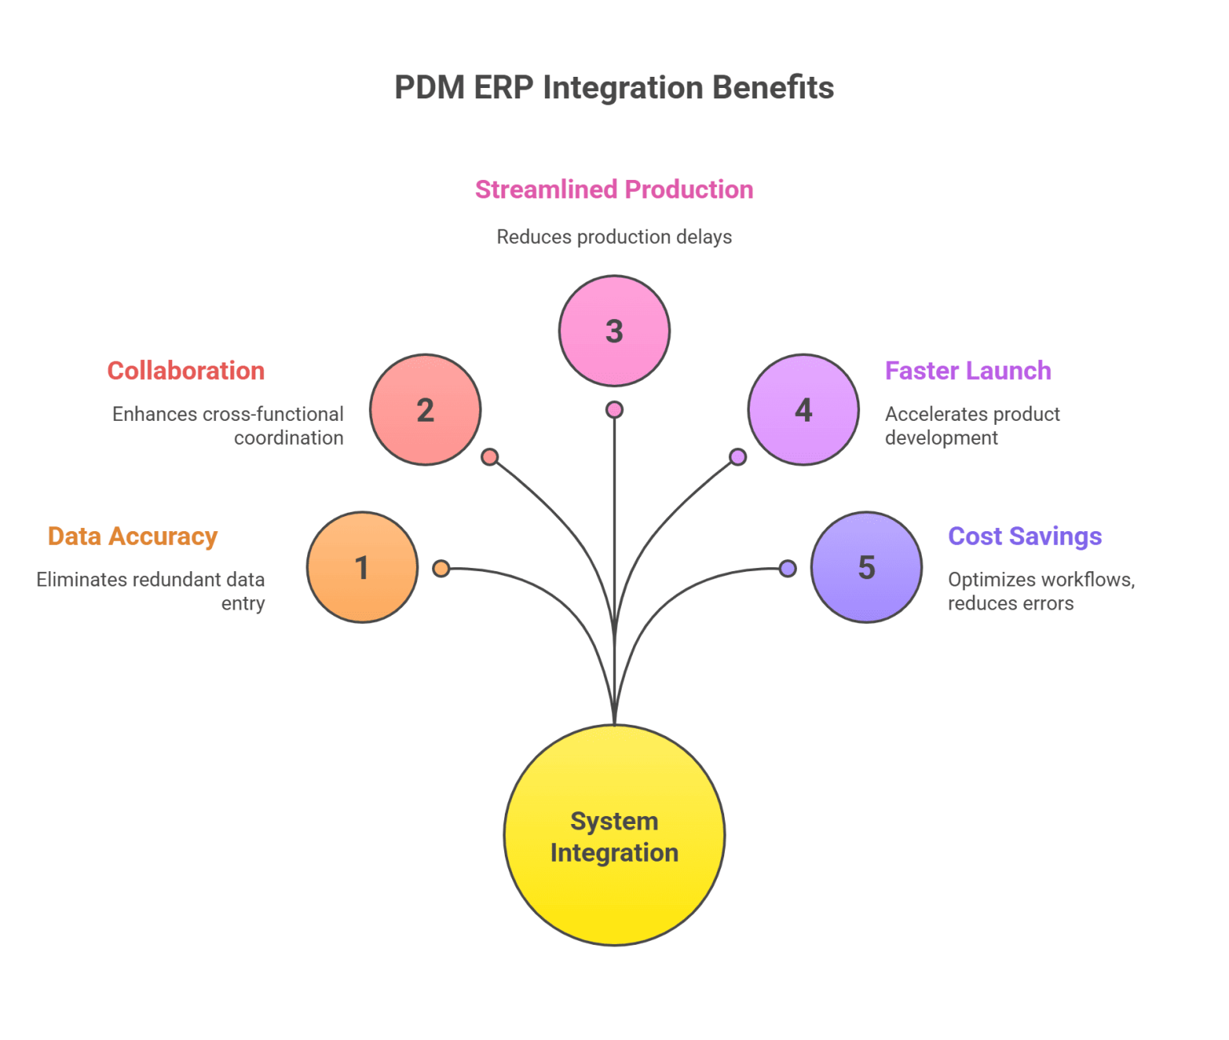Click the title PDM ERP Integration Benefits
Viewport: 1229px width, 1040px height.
614,87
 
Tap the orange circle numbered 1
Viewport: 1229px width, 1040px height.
362,567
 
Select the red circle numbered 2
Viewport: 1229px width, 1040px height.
425,410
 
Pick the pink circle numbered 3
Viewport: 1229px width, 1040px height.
614,331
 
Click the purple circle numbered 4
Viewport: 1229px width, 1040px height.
803,410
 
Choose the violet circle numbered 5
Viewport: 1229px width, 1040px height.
867,567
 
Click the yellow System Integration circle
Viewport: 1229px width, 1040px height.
614,835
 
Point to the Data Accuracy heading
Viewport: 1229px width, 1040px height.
133,536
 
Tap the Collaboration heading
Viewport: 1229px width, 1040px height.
186,370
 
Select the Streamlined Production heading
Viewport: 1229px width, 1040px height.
614,190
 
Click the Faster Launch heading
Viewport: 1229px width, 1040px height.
967,370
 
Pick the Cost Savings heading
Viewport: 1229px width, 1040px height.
1024,536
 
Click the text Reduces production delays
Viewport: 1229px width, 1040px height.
614,237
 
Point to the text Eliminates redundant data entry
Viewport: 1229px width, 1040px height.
151,590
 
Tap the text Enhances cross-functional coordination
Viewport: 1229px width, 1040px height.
229,426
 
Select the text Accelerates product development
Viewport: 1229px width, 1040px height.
971,426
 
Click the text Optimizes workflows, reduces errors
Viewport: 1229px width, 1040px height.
1040,590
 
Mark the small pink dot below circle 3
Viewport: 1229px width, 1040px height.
614,410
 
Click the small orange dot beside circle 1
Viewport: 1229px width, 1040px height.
441,569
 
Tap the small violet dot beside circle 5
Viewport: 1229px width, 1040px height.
788,569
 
